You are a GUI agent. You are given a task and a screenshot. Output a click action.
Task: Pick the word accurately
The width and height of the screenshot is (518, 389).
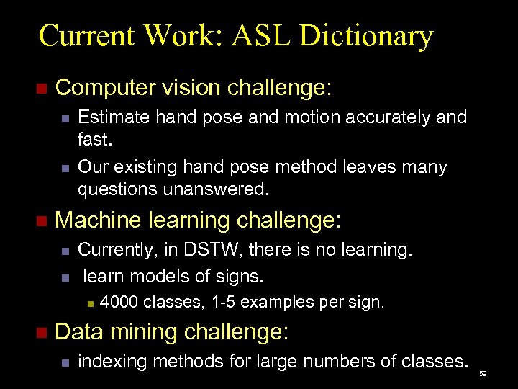click(385, 117)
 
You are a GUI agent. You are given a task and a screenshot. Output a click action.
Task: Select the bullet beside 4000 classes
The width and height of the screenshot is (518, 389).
click(89, 303)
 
